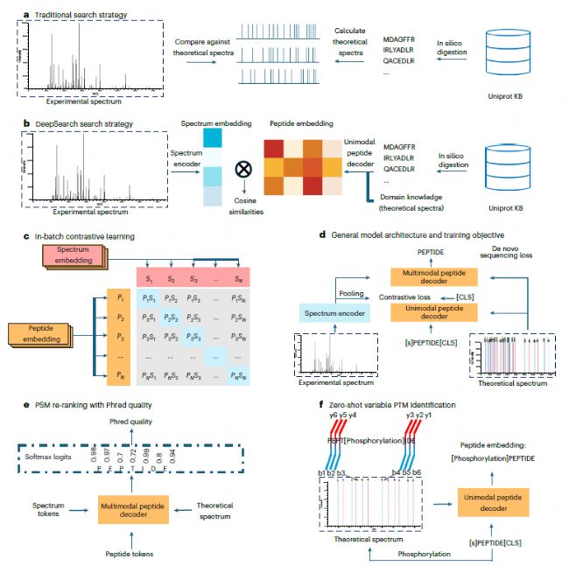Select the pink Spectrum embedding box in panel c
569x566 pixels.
[x=74, y=256]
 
